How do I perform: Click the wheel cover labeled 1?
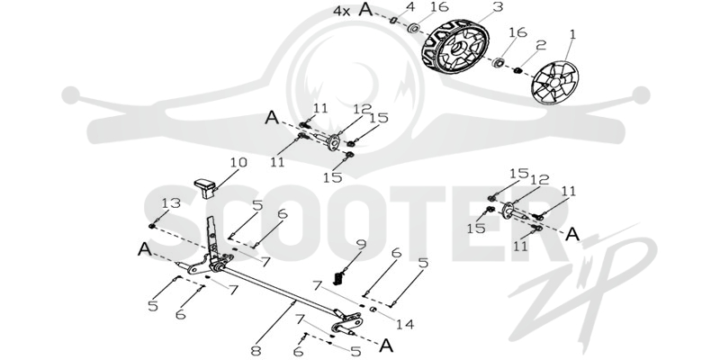554,83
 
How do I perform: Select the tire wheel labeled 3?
455,47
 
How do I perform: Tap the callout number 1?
572,34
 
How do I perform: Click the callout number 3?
498,7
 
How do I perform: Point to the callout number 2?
542,45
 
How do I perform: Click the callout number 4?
411,7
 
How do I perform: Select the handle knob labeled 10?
205,188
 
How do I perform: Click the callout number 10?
238,163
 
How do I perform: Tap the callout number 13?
171,203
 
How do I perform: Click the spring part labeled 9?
339,277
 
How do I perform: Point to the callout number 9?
362,244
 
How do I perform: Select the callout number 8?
256,351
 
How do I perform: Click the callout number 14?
405,325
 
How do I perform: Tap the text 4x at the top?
342,11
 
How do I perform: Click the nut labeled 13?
151,226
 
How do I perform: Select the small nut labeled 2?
518,70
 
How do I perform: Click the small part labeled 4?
393,20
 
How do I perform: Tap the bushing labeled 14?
373,309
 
